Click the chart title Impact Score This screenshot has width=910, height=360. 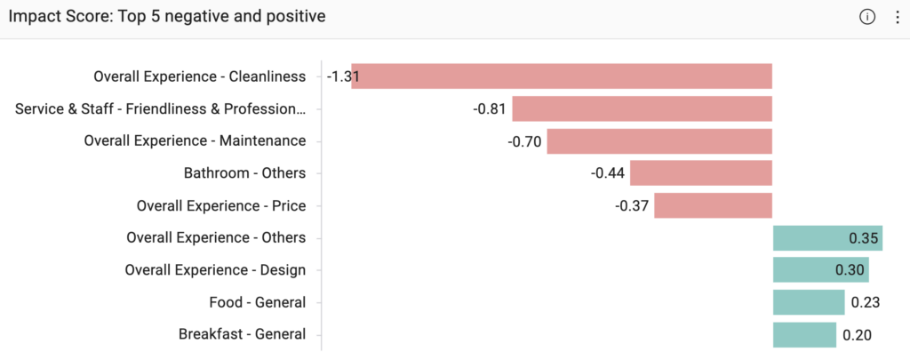166,17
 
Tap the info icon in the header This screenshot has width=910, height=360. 867,18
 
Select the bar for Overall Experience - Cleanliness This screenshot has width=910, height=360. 562,76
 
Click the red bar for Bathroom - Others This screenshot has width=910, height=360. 701,173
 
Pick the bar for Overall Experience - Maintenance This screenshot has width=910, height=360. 659,141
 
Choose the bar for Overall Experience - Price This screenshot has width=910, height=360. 714,205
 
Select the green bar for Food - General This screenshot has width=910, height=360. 809,302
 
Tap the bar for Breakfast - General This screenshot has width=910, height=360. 804,335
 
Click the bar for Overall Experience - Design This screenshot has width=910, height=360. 820,270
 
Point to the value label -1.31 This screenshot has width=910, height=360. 343,76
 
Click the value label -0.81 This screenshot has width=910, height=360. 490,108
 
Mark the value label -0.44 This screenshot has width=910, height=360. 608,173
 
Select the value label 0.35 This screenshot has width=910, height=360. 864,238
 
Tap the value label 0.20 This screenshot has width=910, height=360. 857,335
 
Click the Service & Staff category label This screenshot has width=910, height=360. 160,108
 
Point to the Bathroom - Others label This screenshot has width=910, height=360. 245,173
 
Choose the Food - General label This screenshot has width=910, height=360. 258,302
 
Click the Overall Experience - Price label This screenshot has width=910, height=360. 221,205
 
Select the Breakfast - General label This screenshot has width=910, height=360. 242,335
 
